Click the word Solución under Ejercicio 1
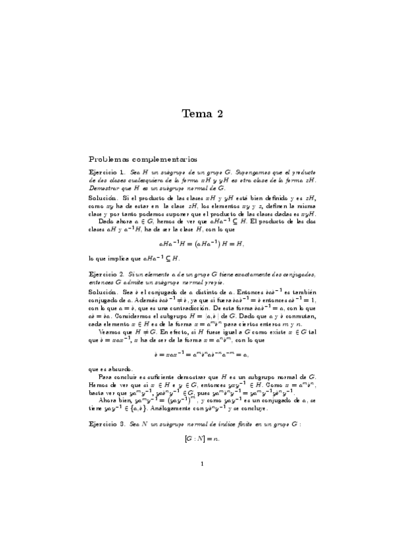(x=103, y=197)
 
